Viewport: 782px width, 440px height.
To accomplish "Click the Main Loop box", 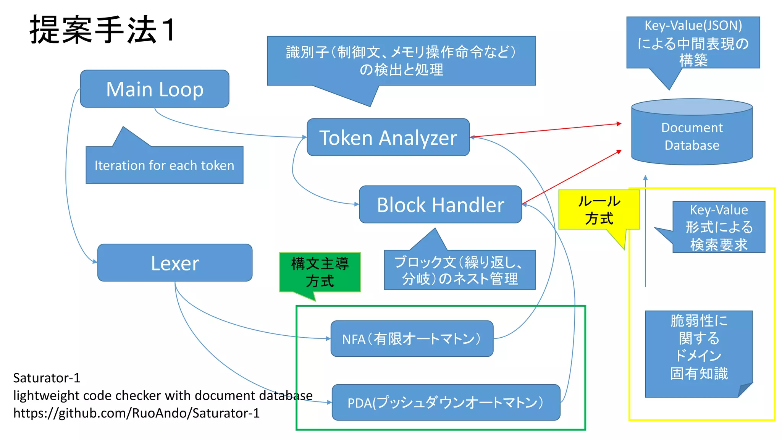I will tap(155, 89).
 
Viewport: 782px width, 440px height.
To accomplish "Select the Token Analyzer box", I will tap(388, 137).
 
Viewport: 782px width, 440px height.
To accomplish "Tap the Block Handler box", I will tap(440, 205).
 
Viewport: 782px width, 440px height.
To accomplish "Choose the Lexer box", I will tap(175, 263).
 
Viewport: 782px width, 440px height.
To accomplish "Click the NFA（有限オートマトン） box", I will tap(412, 339).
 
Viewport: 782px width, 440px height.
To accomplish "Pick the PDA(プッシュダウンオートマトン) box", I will tap(446, 403).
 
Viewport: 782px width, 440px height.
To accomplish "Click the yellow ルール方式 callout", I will tap(599, 210).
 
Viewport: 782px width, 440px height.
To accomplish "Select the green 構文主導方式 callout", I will tap(320, 272).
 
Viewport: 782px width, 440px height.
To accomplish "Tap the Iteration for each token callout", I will tap(164, 165).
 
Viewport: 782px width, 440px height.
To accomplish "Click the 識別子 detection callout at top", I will tap(401, 61).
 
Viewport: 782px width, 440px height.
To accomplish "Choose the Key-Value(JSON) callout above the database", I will tap(693, 42).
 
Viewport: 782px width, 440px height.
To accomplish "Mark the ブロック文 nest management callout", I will tap(459, 270).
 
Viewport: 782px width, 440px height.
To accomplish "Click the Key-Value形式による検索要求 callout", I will tap(718, 227).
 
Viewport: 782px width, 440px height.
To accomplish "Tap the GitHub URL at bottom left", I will tap(136, 413).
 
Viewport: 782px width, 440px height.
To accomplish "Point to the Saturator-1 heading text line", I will tap(47, 378).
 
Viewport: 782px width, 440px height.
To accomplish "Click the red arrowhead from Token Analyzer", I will tap(619, 124).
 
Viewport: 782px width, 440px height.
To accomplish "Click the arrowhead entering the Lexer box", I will tap(95, 262).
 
